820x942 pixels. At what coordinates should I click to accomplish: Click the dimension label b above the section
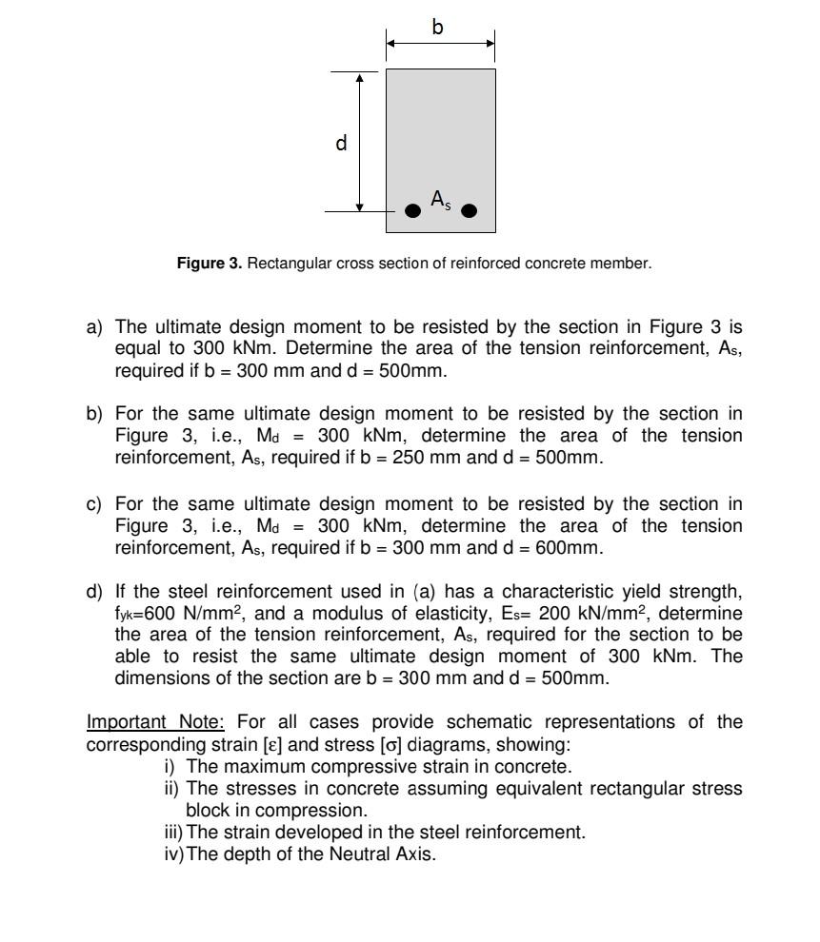437,27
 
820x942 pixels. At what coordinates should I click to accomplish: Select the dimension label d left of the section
341,143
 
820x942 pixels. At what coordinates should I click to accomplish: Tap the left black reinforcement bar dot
412,211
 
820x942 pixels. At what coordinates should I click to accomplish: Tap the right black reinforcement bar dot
469,211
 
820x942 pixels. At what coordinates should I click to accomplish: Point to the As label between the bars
440,199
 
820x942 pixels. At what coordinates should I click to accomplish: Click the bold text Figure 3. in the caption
210,264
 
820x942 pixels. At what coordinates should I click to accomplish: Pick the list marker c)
95,503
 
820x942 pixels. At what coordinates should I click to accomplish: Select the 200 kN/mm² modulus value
591,614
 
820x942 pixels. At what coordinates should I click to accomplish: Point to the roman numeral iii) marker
173,833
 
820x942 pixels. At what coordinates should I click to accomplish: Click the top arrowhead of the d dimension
360,77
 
